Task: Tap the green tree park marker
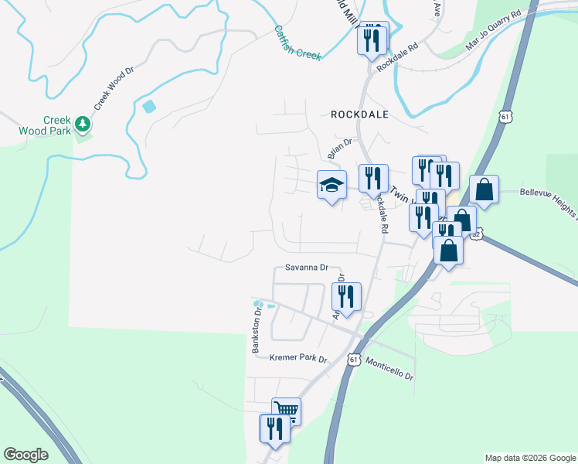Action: click(82, 123)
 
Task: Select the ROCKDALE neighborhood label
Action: click(359, 114)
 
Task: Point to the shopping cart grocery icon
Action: click(285, 410)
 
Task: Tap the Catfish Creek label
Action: click(297, 43)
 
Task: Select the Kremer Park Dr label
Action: click(299, 359)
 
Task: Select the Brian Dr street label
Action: click(340, 148)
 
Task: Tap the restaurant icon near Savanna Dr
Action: click(345, 296)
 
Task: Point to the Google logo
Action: click(25, 455)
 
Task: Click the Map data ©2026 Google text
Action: click(529, 458)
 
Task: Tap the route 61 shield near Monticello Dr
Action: click(353, 360)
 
